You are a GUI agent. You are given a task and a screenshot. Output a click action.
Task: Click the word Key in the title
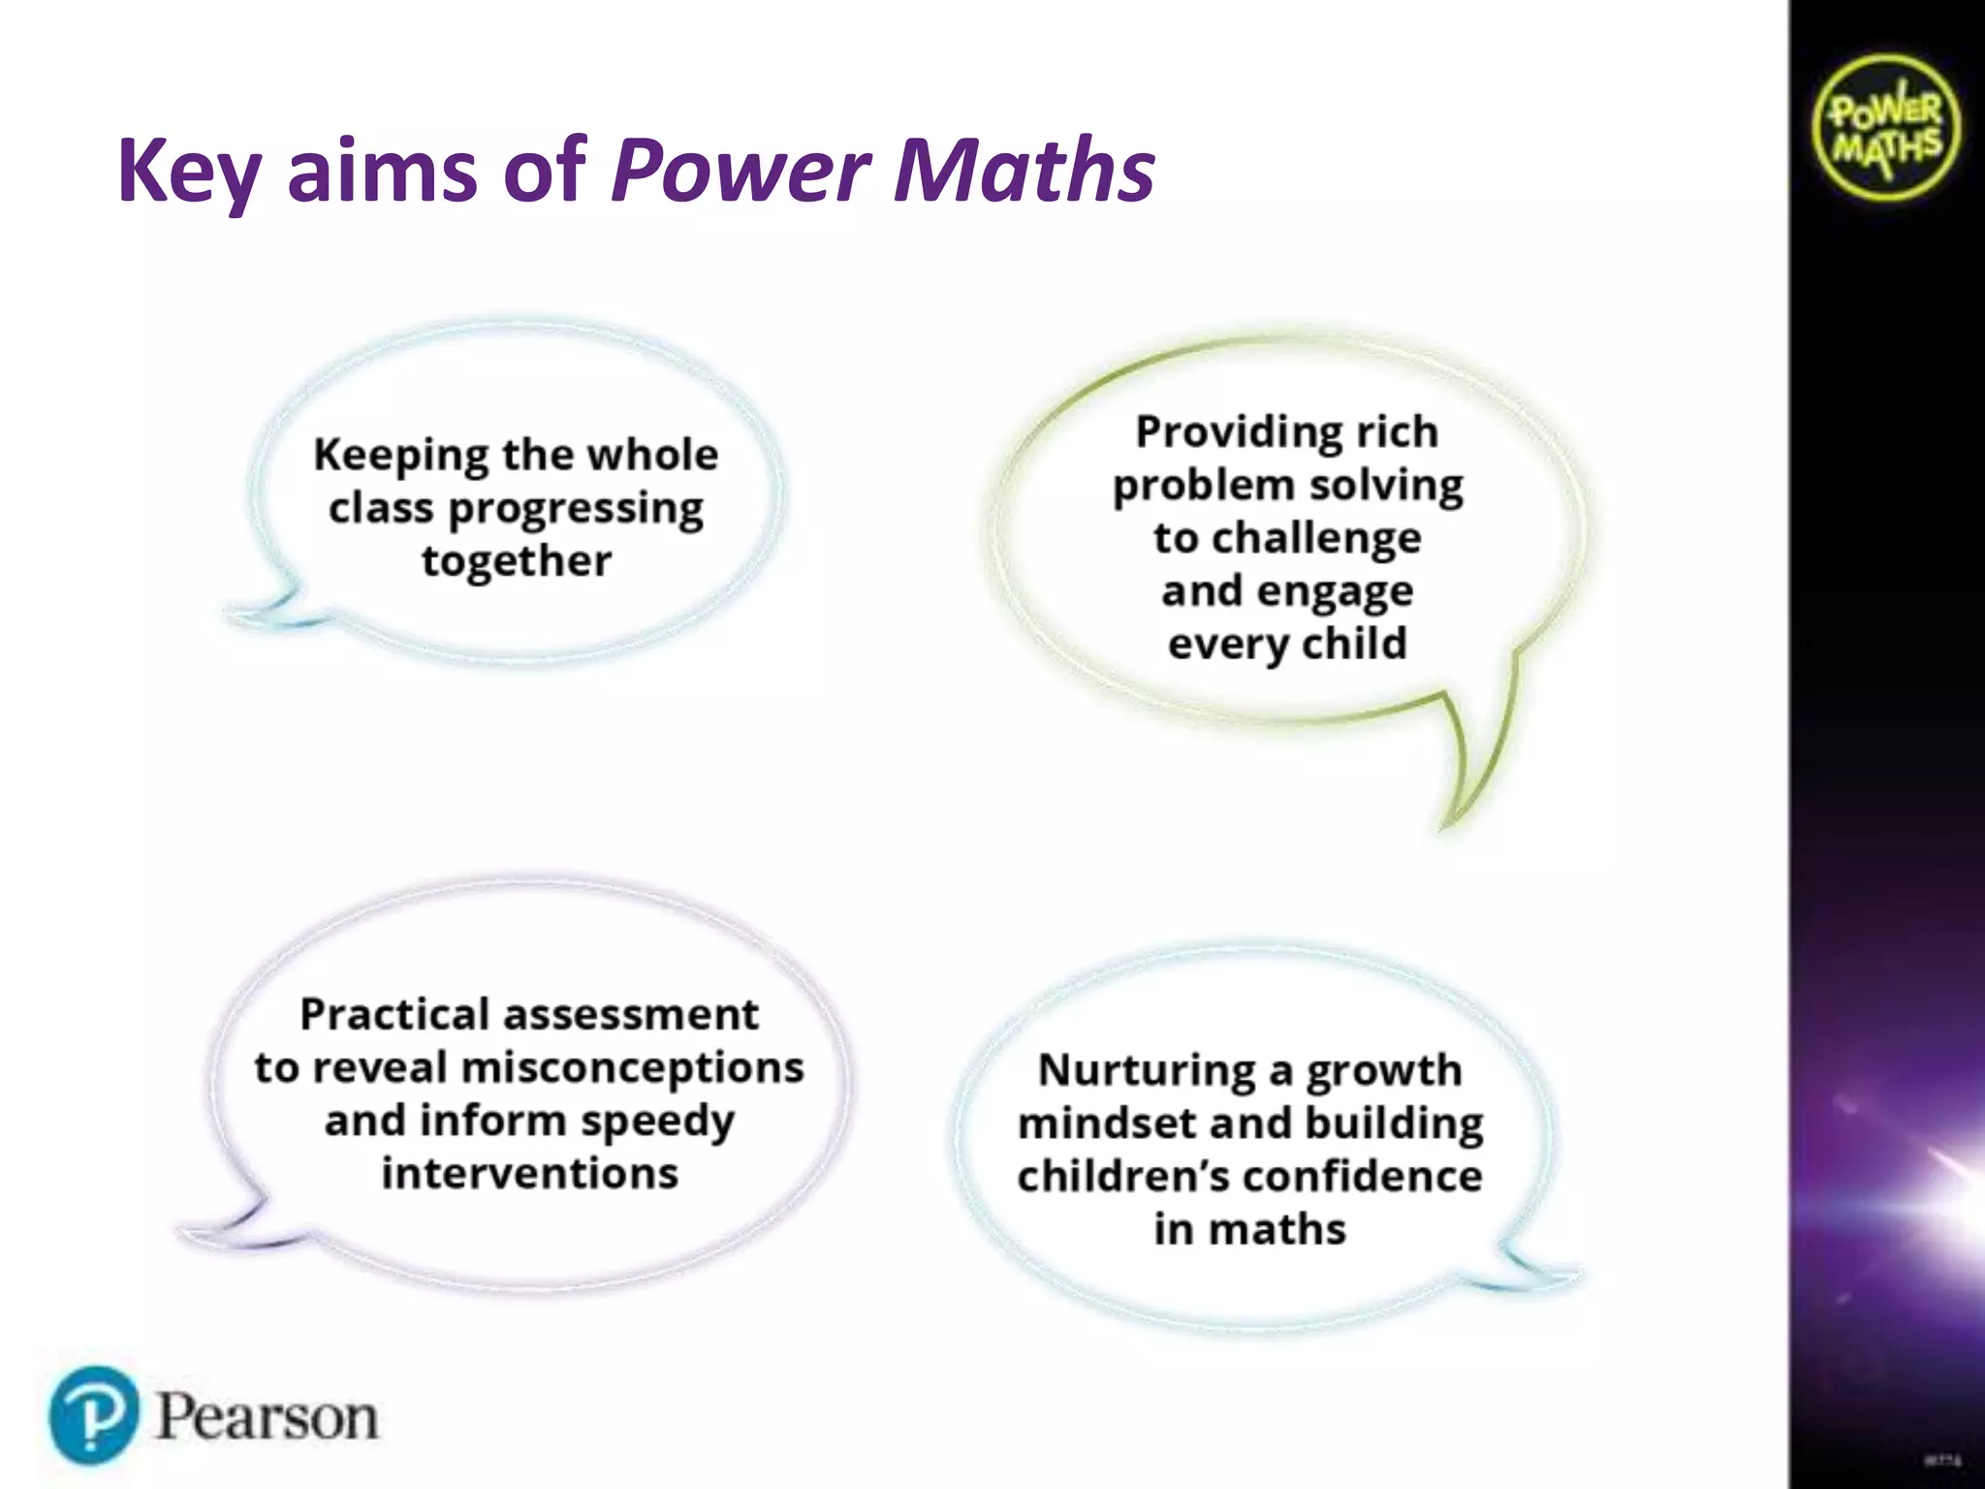click(x=189, y=172)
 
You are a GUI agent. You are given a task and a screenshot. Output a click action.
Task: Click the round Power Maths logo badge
click(x=1885, y=128)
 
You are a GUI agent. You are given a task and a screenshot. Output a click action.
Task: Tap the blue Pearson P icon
click(x=93, y=1415)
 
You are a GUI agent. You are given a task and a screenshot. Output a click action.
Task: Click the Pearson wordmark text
click(x=267, y=1417)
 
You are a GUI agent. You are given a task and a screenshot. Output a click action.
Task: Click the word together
click(x=517, y=561)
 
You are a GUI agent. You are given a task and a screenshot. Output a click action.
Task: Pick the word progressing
click(x=576, y=509)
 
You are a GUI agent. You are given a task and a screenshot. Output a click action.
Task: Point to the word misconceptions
click(x=633, y=1068)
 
